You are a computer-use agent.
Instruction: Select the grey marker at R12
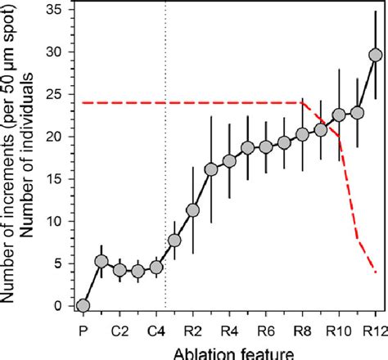[x=376, y=55]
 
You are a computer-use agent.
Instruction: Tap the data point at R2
[x=192, y=210]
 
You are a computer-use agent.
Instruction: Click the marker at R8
[x=302, y=134]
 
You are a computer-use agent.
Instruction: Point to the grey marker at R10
[x=339, y=115]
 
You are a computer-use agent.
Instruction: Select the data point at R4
[x=229, y=161]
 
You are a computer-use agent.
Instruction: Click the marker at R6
[x=266, y=146]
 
